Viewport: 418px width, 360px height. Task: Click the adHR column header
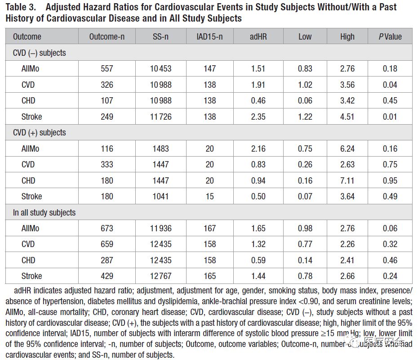tap(258, 37)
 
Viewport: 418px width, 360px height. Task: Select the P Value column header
tap(390, 37)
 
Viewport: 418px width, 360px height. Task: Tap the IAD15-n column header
tap(209, 37)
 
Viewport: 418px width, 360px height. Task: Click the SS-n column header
tap(160, 37)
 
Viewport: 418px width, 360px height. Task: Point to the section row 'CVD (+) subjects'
tap(40, 133)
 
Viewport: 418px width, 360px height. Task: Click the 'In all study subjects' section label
tap(44, 212)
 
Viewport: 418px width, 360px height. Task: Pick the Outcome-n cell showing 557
tap(107, 69)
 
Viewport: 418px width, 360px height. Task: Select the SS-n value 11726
tap(160, 117)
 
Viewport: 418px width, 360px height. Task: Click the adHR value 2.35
tap(258, 117)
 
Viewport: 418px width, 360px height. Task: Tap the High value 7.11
tap(347, 180)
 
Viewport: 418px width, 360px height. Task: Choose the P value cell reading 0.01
tap(390, 117)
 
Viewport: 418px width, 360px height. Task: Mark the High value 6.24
tap(347, 149)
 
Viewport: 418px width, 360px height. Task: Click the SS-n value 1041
tap(160, 197)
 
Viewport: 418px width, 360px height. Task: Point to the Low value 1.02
tap(305, 85)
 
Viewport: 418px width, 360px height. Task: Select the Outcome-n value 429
tap(107, 276)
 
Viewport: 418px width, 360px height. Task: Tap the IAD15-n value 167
tap(209, 229)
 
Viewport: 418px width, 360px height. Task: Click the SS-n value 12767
tap(160, 276)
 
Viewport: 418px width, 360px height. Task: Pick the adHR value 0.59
tap(258, 261)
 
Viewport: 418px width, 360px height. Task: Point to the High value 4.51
tap(347, 117)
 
